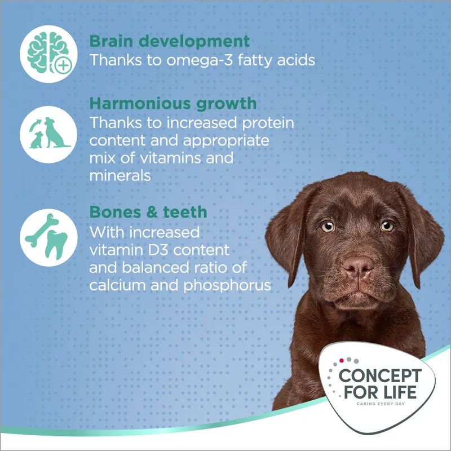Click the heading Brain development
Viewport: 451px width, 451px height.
169,41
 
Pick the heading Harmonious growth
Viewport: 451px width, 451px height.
173,103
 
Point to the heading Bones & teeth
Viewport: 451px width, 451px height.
148,212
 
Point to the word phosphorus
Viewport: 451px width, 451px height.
228,285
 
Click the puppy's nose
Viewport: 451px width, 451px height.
358,265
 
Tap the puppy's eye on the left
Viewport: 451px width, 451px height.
328,226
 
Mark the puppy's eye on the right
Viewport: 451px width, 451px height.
387,226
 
